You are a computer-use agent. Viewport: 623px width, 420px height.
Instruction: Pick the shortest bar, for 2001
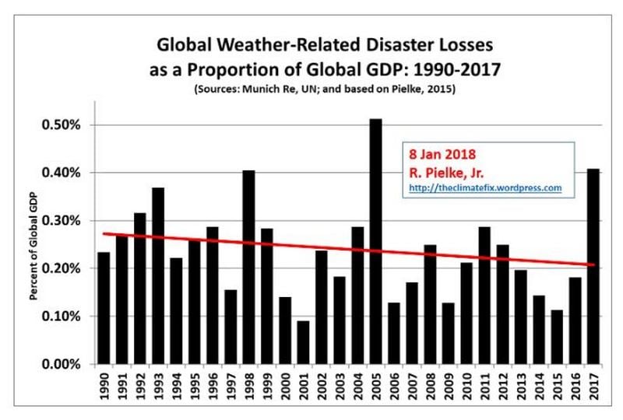tap(303, 342)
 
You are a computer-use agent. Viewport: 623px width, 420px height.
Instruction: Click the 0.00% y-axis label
tap(61, 364)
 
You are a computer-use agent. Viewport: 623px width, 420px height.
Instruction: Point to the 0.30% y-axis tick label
tap(61, 221)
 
